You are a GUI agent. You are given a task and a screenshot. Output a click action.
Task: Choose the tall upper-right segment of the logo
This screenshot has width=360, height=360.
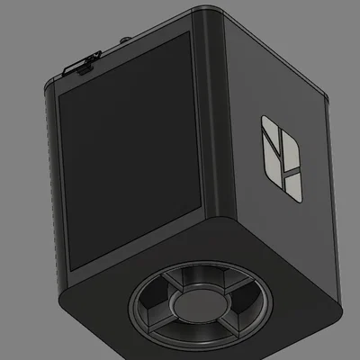click(292, 153)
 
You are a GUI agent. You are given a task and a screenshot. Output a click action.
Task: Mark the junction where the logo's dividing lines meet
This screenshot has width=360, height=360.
click(284, 170)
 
